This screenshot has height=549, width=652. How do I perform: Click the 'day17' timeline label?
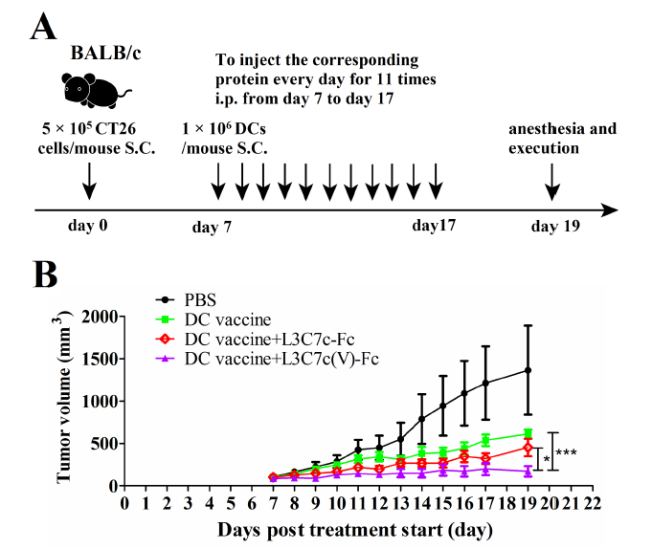tap(436, 228)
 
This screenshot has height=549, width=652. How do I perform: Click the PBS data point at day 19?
tap(528, 370)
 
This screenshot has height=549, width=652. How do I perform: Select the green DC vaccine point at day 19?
tap(528, 433)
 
